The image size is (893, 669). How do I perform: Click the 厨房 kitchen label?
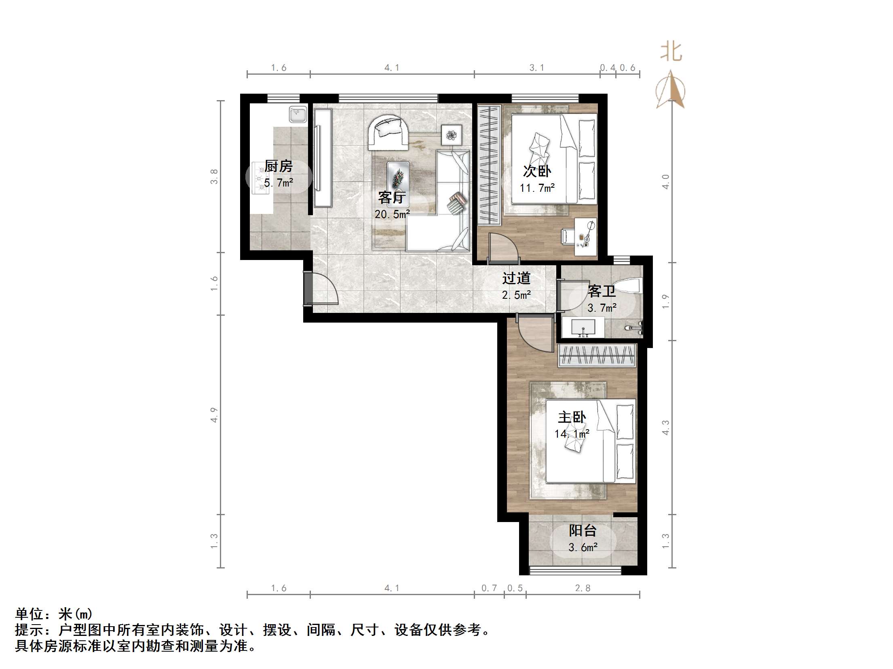[278, 166]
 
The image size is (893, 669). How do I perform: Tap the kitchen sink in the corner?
[298, 114]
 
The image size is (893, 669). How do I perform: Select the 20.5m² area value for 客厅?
[392, 214]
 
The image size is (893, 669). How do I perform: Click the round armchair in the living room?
[388, 132]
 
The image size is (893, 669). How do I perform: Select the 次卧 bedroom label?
[537, 171]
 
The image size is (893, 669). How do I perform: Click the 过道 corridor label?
[516, 278]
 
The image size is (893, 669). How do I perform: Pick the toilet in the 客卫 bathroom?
[628, 286]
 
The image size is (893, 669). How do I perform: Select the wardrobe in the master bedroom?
[596, 356]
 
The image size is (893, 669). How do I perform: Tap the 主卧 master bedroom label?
[572, 417]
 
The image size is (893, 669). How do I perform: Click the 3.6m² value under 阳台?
[583, 547]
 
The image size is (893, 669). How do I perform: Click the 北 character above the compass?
[671, 52]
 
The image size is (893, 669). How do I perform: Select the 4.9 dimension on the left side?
[214, 415]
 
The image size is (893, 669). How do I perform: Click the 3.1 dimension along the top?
[537, 68]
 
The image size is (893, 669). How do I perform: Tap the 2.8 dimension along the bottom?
[583, 588]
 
